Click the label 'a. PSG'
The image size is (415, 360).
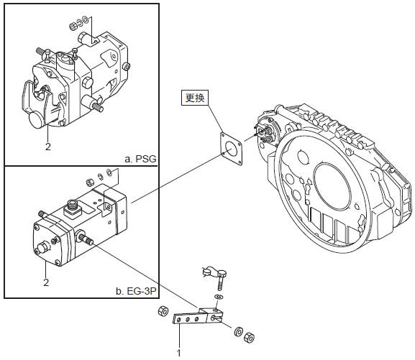140,159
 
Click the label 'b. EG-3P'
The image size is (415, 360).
136,291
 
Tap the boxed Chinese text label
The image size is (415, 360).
195,98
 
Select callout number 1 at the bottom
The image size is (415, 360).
179,353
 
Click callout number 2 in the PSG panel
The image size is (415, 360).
48,147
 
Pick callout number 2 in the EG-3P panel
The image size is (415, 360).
46,282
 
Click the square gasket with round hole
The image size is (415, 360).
231,149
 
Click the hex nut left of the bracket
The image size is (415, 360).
163,311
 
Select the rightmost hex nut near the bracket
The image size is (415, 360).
249,338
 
